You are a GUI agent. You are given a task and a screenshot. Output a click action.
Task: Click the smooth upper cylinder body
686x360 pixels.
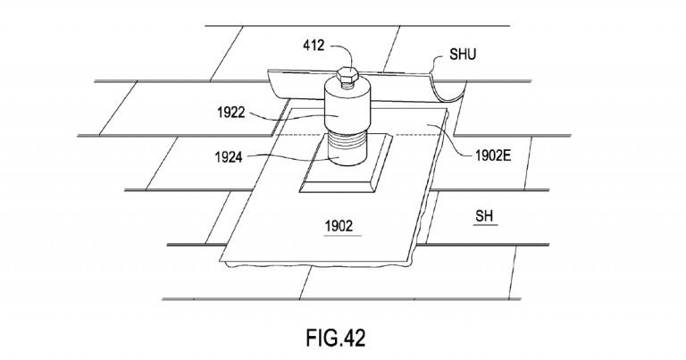(347, 112)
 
